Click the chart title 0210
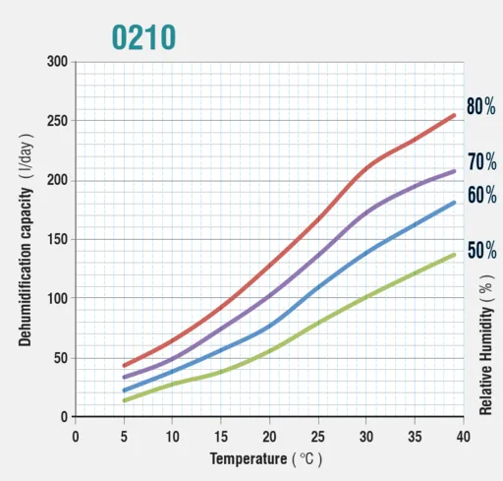(x=143, y=37)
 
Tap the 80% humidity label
(x=481, y=106)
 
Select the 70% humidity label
(x=482, y=161)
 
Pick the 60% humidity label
(x=482, y=195)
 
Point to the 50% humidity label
(x=482, y=250)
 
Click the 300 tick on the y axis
(x=57, y=61)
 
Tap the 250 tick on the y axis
(x=57, y=121)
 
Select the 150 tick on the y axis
(x=57, y=239)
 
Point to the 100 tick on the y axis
(x=57, y=298)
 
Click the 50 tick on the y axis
(x=61, y=358)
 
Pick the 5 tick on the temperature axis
(x=124, y=437)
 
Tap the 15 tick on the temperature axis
(x=221, y=437)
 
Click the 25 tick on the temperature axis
(x=317, y=437)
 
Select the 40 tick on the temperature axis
(x=463, y=437)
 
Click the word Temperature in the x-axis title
(x=249, y=458)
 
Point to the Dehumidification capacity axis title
(x=26, y=267)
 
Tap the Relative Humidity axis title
(x=485, y=361)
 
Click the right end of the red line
(x=454, y=115)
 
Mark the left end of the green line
(x=124, y=400)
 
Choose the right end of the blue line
(x=454, y=203)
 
